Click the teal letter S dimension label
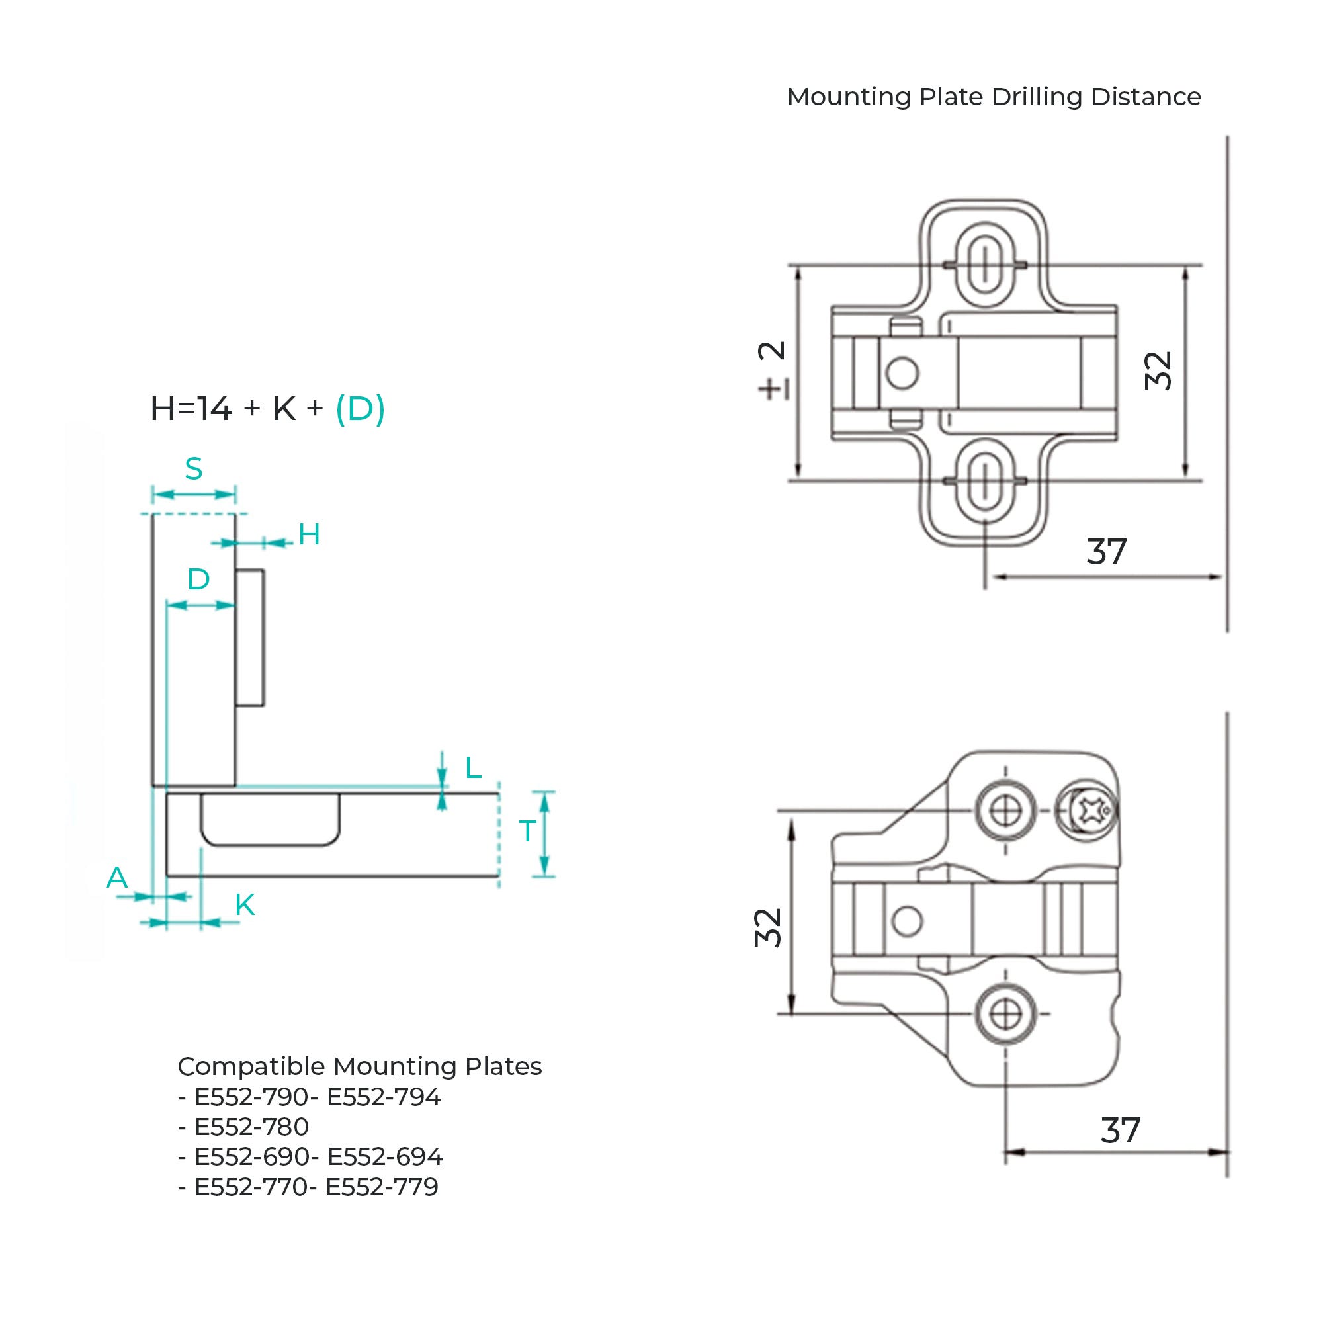click(194, 469)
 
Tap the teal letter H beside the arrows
click(309, 534)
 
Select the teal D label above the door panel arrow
click(198, 580)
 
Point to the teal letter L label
click(473, 768)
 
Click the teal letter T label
click(527, 832)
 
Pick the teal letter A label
click(117, 878)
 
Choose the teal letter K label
click(245, 906)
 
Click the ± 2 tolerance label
click(773, 370)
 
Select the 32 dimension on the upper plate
click(1159, 370)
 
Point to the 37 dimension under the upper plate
click(1107, 552)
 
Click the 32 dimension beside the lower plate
click(767, 928)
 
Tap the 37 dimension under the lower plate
click(1121, 1131)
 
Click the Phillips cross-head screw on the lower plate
click(1087, 812)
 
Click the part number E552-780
click(252, 1127)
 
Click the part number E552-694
click(386, 1156)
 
